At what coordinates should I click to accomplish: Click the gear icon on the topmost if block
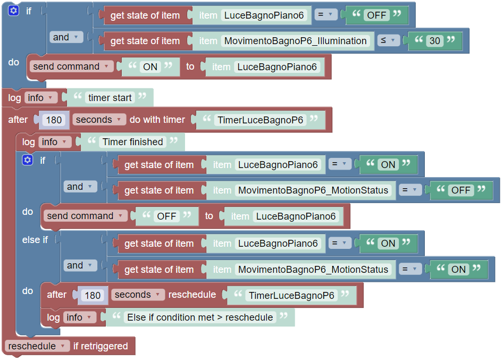tap(14, 11)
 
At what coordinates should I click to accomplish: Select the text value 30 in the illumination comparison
tap(435, 41)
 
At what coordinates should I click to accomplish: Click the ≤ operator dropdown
tap(388, 41)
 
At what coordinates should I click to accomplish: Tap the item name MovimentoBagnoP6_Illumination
tap(296, 41)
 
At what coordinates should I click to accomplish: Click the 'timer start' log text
tap(110, 98)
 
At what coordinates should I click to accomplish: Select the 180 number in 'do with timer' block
tap(54, 120)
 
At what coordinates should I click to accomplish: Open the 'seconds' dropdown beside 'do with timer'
tap(99, 120)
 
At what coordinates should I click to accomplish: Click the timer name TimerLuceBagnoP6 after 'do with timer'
tap(260, 120)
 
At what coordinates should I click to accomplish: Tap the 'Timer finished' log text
tap(132, 142)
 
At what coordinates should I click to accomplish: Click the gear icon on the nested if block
tap(28, 160)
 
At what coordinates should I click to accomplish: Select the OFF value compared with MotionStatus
tap(461, 190)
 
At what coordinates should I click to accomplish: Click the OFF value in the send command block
tap(166, 216)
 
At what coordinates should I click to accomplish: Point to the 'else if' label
tap(35, 240)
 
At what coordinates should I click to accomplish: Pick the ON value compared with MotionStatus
tap(458, 270)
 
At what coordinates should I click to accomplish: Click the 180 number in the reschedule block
tap(93, 295)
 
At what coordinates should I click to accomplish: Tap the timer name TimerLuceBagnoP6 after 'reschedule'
tap(291, 295)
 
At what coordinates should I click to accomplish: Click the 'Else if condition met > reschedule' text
tap(200, 317)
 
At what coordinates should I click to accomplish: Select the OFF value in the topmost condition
tap(376, 15)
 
